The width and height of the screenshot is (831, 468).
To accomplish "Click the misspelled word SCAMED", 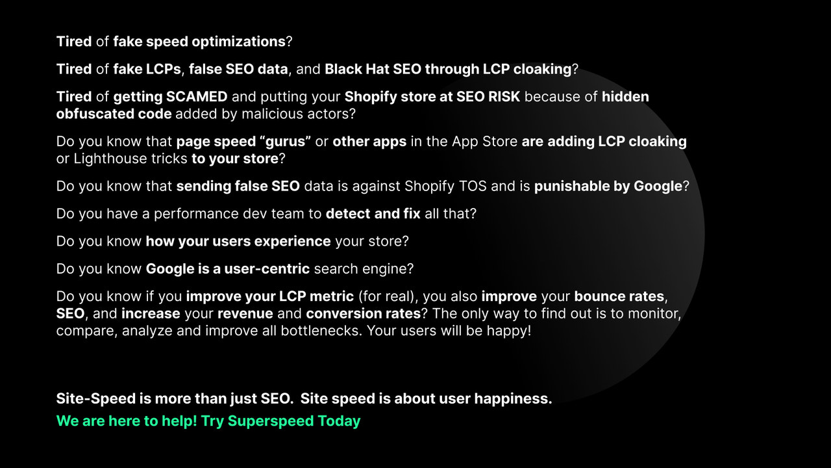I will [x=197, y=97].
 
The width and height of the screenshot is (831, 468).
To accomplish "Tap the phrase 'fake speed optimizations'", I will [x=199, y=42].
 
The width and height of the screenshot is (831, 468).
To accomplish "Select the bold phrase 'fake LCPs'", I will [x=148, y=69].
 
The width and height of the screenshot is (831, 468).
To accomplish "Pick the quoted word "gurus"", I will [x=286, y=142].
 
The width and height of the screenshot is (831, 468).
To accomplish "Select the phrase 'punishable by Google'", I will [x=608, y=186].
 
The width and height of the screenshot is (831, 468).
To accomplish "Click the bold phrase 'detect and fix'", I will [x=373, y=213].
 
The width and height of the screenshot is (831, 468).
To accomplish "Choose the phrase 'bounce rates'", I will [x=619, y=296].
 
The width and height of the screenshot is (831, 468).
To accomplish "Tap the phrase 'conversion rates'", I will [x=363, y=313].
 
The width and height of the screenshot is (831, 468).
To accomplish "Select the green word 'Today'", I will [x=339, y=421].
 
